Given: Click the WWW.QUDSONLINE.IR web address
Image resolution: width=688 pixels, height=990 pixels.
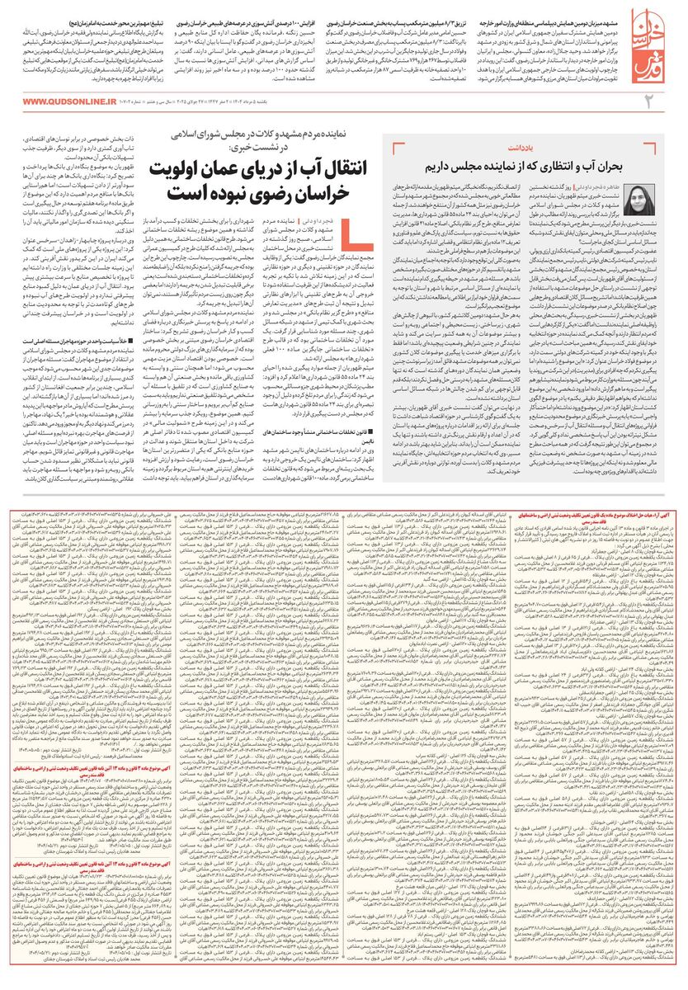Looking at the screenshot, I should (67, 101).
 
